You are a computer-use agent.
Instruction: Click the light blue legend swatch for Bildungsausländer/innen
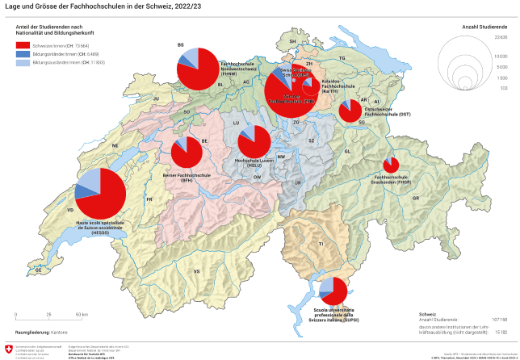22,61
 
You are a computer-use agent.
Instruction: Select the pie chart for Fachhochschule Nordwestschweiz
198,69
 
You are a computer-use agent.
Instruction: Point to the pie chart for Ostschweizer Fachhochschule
350,111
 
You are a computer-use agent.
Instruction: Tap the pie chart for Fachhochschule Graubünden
391,165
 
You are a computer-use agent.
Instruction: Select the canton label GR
416,198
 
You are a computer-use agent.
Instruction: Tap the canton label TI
321,243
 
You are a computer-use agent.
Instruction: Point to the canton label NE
115,145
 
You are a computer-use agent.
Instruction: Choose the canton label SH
293,40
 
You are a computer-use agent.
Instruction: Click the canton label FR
149,199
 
